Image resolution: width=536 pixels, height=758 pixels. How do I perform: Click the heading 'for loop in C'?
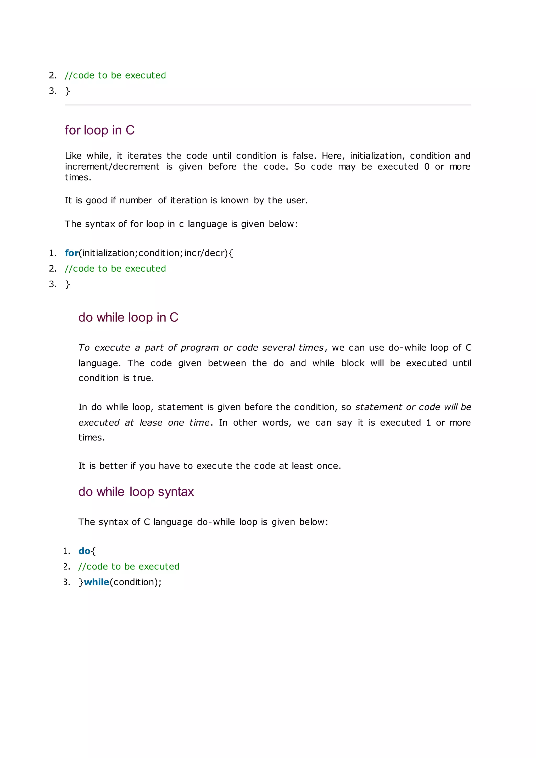[99, 130]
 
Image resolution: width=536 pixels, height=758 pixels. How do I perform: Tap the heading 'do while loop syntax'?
[136, 492]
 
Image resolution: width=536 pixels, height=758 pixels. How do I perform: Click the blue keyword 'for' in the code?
[71, 253]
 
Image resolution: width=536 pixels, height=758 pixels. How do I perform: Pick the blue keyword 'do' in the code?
[84, 551]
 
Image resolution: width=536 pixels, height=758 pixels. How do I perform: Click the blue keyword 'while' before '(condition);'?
[96, 582]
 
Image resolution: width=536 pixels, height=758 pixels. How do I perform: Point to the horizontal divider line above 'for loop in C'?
[268, 105]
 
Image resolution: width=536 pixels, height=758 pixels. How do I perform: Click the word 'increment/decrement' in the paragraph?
[112, 167]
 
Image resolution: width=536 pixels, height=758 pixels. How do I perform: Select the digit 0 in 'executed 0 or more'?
[427, 167]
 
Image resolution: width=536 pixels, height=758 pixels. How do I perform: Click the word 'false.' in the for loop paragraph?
[304, 156]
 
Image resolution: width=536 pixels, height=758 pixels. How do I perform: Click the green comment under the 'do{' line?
[129, 566]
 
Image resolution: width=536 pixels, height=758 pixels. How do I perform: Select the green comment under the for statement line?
[115, 269]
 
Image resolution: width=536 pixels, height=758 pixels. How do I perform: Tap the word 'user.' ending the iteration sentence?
[297, 200]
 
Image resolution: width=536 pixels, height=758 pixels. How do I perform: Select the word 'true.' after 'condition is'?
[143, 378]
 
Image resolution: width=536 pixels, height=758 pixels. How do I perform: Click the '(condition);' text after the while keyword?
[136, 582]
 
